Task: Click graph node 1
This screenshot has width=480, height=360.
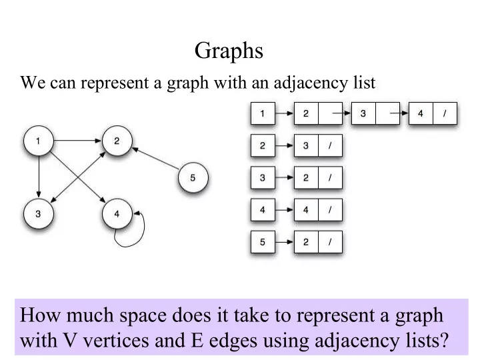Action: coord(38,141)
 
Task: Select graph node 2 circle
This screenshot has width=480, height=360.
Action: coord(117,141)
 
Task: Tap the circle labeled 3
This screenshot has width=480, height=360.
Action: coord(38,214)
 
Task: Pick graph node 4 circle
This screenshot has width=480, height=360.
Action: coord(117,214)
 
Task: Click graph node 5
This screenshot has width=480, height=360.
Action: coord(193,177)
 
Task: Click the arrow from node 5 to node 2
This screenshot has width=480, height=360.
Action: coord(155,158)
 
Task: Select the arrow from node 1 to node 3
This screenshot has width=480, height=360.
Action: coord(39,177)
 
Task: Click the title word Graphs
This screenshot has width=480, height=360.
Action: coord(229,51)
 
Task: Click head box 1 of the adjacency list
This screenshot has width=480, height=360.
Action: coord(263,113)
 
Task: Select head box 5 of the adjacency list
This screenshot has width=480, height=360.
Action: coord(263,242)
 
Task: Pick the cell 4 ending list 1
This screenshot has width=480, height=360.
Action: coord(421,113)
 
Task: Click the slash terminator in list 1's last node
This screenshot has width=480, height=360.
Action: coord(445,113)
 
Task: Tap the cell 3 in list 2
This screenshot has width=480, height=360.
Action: coord(306,146)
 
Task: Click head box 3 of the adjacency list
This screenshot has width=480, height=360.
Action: coord(263,178)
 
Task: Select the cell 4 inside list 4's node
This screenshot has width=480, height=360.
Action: coord(306,210)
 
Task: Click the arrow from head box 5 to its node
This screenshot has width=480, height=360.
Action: coord(285,242)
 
